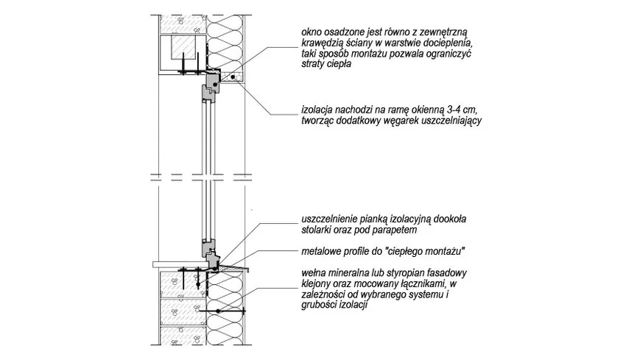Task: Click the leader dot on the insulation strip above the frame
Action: tap(233, 76)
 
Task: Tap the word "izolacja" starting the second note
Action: tap(319, 109)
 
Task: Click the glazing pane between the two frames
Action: tap(208, 169)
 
